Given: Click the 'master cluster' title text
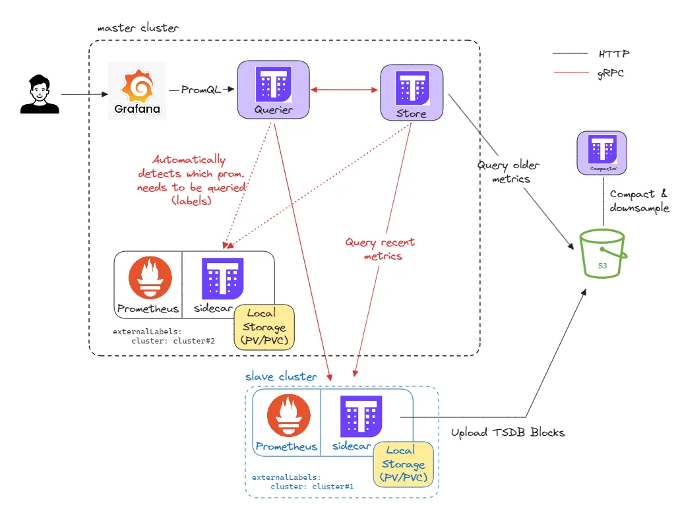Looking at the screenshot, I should coord(138,29).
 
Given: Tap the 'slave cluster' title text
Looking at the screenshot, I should coord(282,376).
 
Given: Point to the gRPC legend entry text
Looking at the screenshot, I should coord(611,73).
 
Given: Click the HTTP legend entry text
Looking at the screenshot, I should coord(613,53).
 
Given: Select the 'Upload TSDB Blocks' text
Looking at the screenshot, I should coord(507,433).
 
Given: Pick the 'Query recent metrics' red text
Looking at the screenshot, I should coord(380,249).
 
